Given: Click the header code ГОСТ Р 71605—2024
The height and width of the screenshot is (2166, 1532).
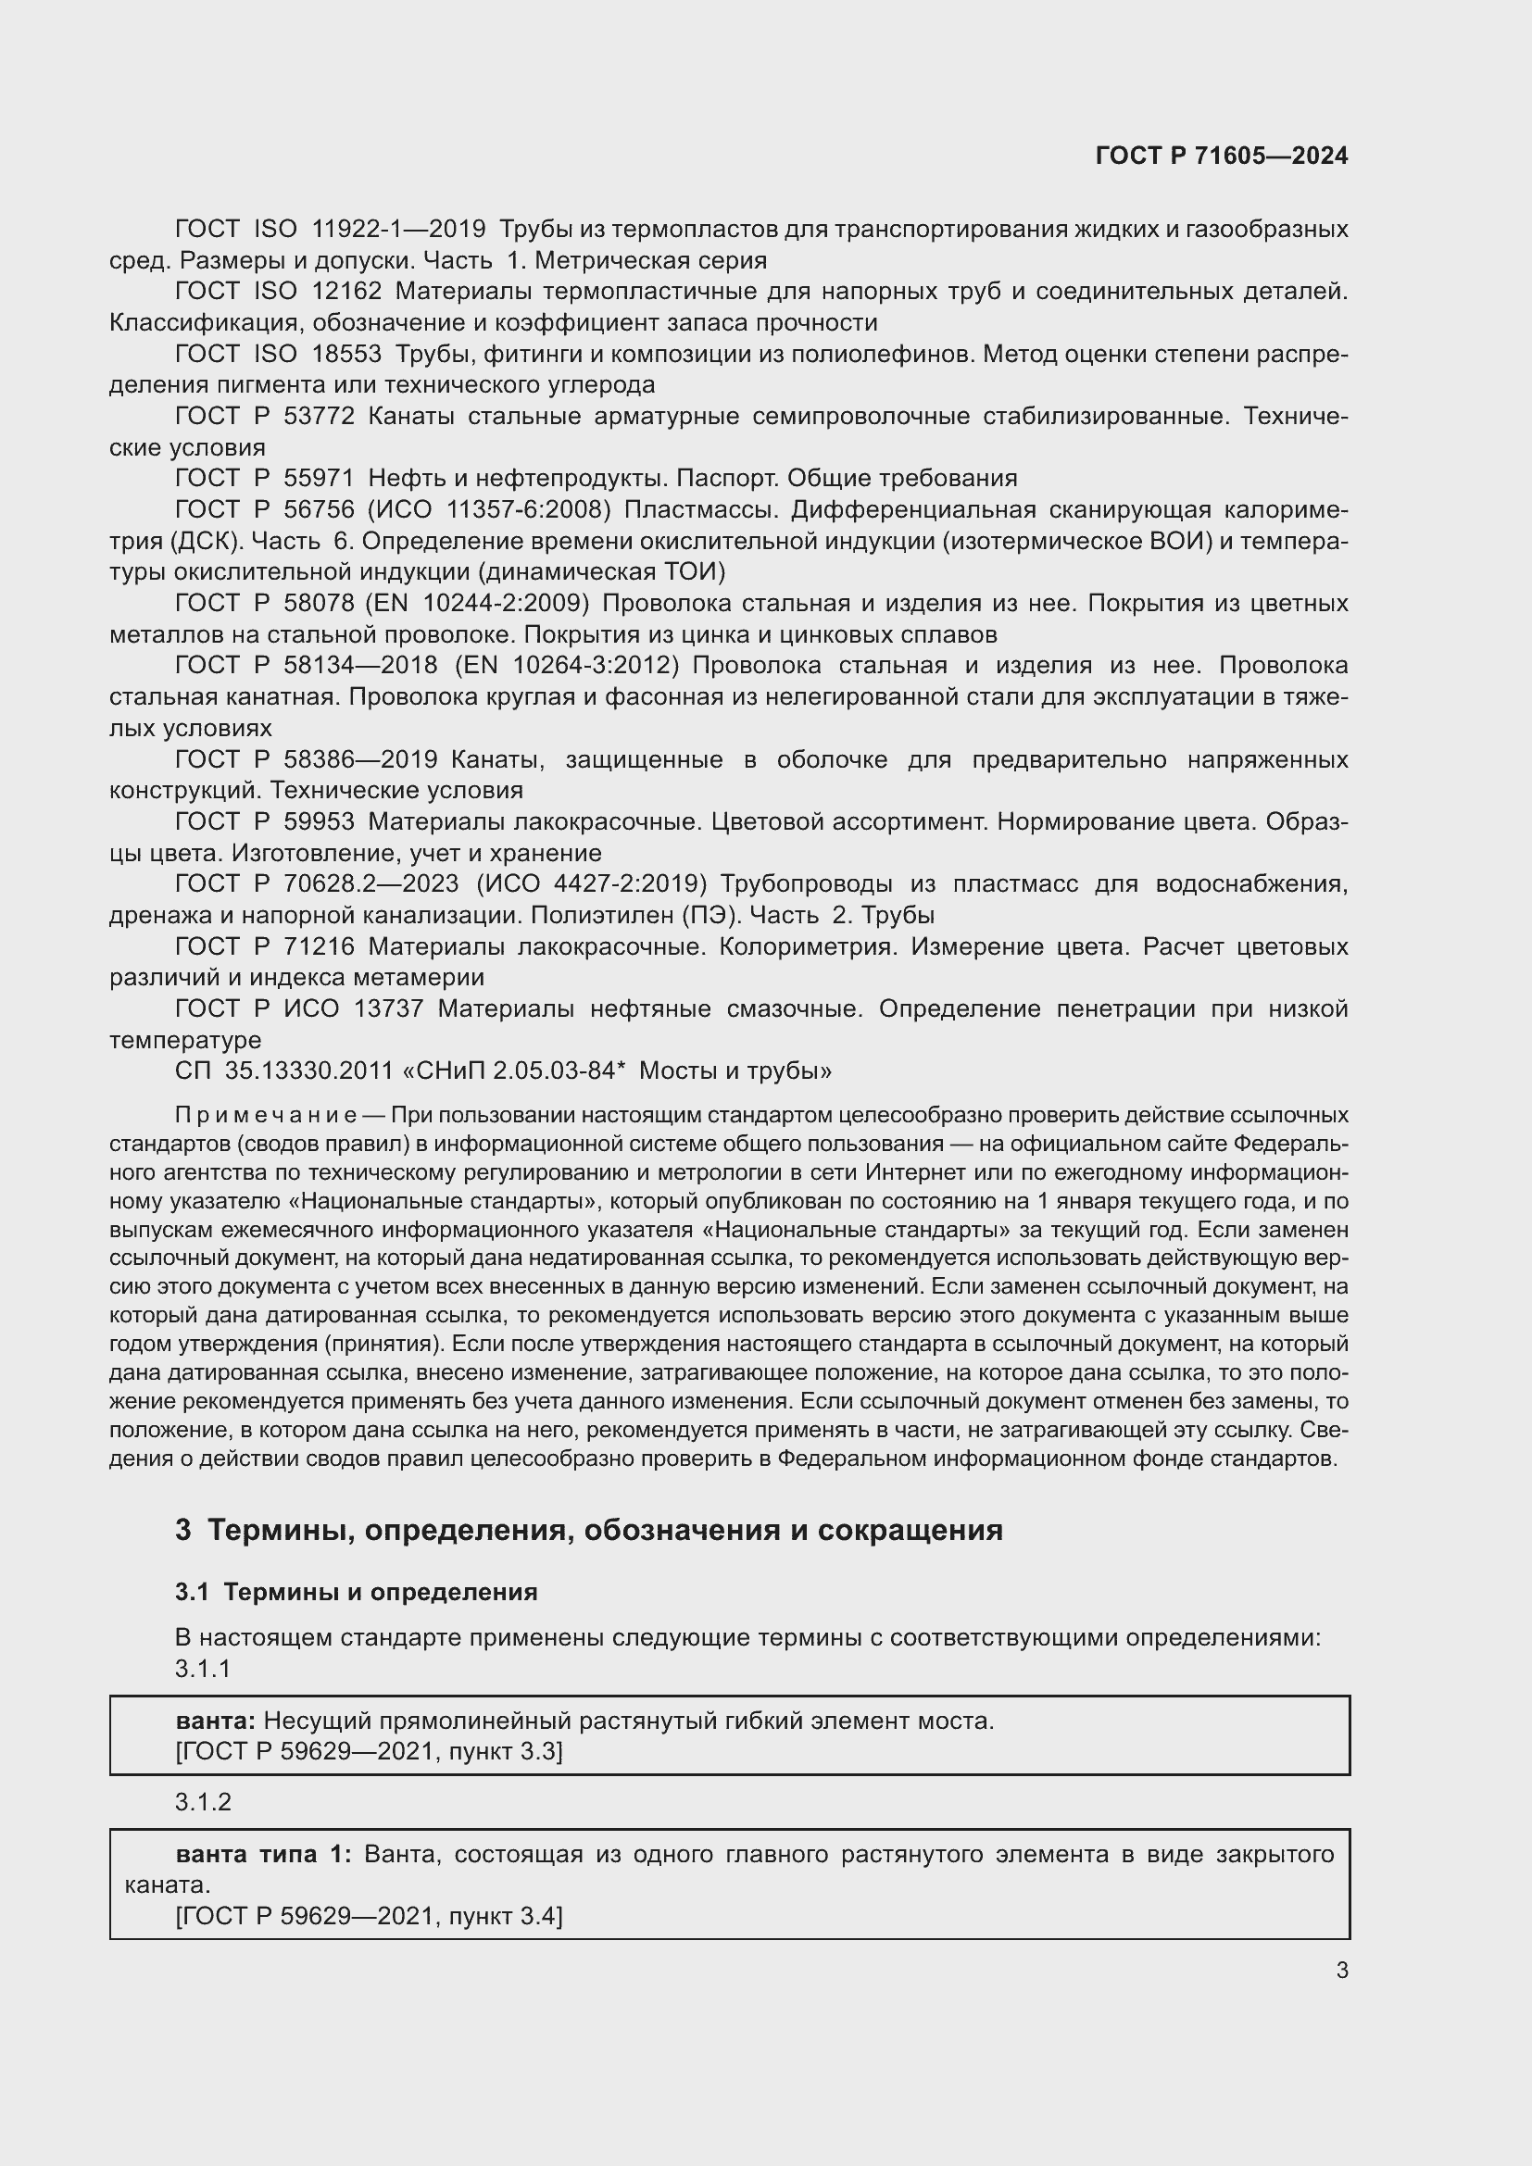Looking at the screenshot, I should [1222, 156].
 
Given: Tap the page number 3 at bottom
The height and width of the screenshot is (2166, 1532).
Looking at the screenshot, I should [1341, 1970].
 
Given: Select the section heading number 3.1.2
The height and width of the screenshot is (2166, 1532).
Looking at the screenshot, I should [203, 1801].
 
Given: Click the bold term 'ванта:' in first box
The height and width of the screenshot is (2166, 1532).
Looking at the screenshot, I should [216, 1721].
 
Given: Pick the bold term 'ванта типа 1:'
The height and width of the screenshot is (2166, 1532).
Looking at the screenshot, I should [263, 1854].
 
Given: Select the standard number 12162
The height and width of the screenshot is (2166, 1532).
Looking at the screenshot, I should [346, 292].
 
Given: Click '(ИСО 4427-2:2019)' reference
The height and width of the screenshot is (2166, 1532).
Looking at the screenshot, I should [592, 884].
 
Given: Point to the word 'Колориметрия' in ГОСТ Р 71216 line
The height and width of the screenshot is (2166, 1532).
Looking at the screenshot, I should [808, 946].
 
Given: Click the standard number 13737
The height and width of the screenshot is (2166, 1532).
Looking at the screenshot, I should [388, 1008].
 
